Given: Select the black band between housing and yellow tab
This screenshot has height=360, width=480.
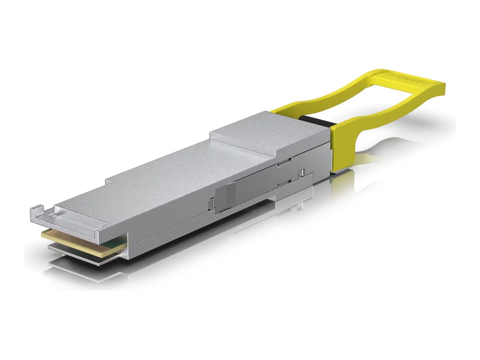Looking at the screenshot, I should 316,120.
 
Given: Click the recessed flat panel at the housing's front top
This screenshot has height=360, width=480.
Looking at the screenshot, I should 76,218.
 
